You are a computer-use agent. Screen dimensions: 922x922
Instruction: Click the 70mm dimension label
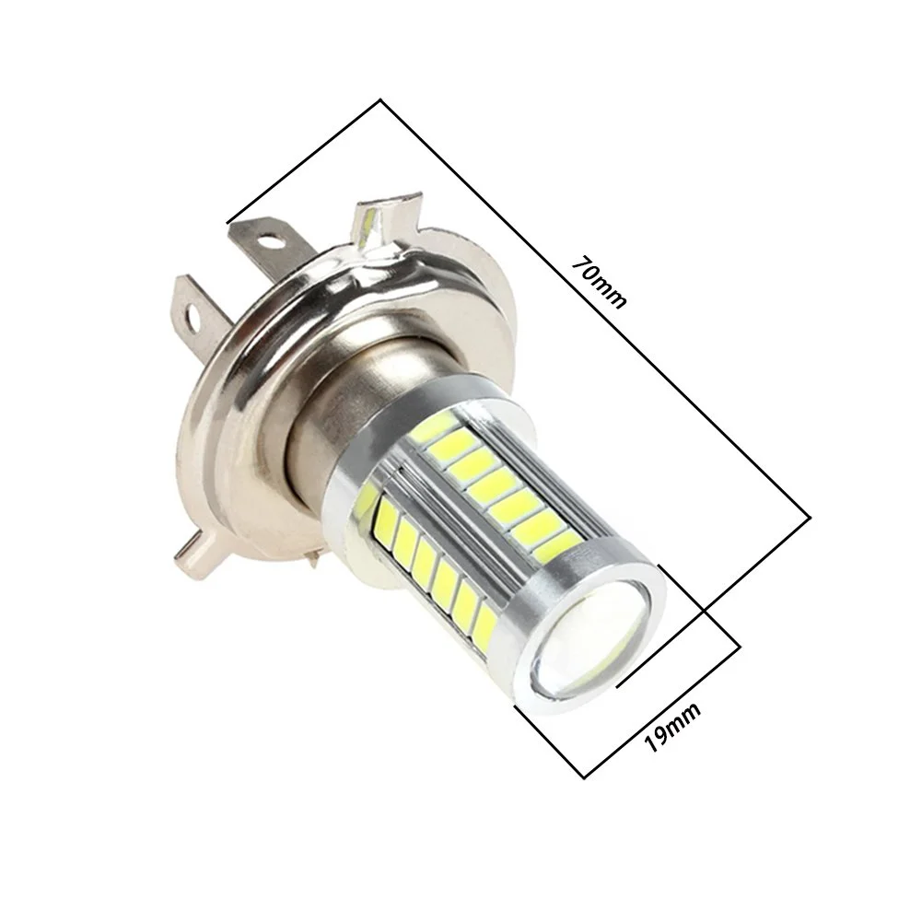point(600,281)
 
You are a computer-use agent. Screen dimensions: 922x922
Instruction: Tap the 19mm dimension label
point(672,727)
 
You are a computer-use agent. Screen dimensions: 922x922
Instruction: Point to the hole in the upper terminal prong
point(268,240)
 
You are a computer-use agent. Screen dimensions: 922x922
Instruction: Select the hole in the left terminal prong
point(193,313)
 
